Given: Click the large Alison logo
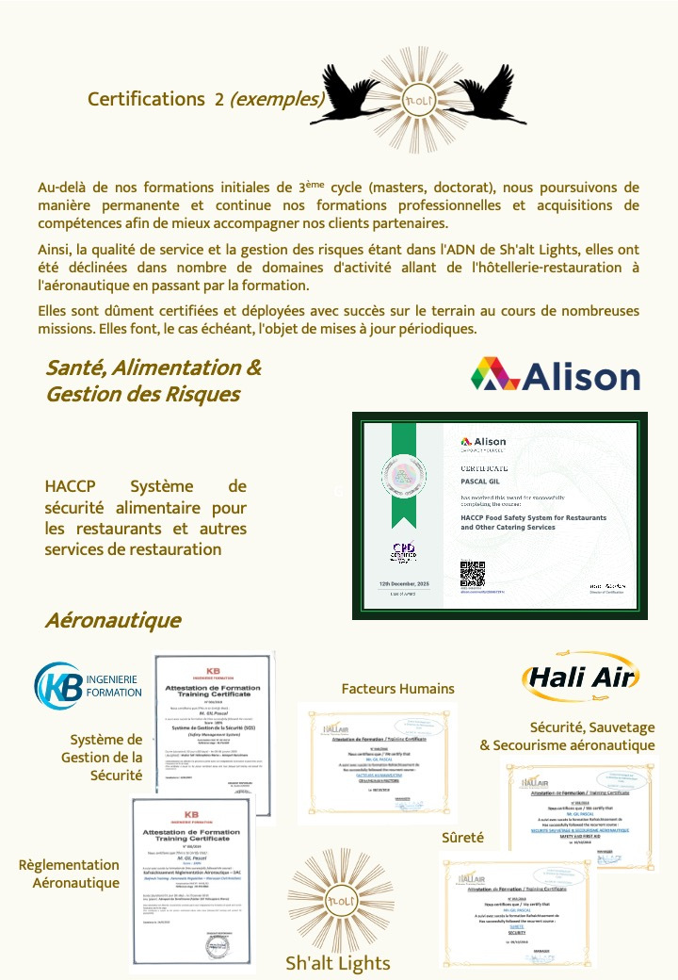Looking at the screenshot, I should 556,375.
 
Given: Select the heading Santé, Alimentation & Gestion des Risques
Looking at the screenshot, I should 153,381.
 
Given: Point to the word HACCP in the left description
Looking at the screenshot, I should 72,486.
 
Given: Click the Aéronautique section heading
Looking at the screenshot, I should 112,620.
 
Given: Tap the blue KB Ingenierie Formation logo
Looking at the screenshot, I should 88,685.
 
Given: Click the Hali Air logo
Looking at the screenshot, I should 581,677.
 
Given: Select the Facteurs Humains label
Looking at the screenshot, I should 397,689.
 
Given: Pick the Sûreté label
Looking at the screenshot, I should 462,837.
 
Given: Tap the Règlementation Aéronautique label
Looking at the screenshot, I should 69,874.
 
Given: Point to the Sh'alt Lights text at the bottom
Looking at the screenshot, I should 337,962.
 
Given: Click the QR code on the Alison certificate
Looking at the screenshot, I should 472,573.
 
